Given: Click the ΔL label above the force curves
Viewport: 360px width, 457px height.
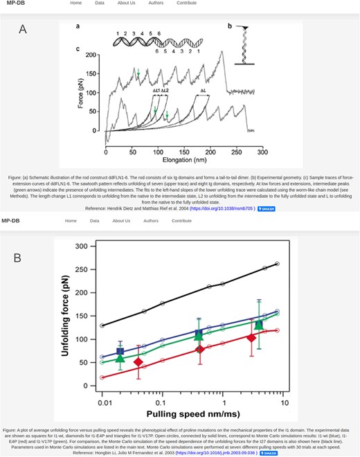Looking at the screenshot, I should point(204,90).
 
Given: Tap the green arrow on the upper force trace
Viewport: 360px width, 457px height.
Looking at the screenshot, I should point(138,72).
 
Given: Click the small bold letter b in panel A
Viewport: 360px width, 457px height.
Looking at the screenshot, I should point(230,26).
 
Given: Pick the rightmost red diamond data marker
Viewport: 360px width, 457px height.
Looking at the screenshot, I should point(251,337).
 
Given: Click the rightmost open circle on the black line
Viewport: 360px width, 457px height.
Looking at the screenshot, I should point(277,263).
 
